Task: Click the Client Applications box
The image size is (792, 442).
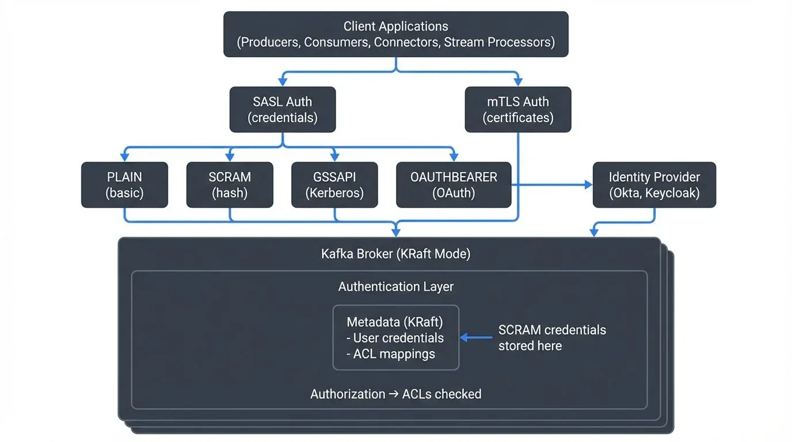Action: point(395,35)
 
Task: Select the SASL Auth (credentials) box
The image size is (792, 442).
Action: point(282,109)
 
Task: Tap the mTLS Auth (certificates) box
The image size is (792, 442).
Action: point(517,109)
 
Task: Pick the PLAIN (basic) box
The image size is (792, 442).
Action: point(124,185)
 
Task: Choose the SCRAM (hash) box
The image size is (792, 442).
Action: point(230,185)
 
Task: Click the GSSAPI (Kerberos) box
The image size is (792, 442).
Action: point(334,185)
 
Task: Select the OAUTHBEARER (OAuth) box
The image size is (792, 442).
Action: point(454,185)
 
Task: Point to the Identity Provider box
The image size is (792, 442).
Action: point(654,185)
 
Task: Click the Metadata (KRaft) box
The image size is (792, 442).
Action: point(396,337)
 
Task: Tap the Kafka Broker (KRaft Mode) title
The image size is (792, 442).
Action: point(395,254)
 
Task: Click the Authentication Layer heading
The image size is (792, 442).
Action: point(395,287)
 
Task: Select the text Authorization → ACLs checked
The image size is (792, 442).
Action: point(395,394)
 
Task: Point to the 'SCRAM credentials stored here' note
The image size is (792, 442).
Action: point(551,338)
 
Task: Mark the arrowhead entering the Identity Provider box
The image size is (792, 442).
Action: point(588,185)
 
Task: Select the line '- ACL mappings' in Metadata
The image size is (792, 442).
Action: point(391,354)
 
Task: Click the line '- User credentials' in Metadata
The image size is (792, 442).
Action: point(395,338)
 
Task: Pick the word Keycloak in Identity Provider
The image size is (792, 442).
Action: point(674,193)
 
